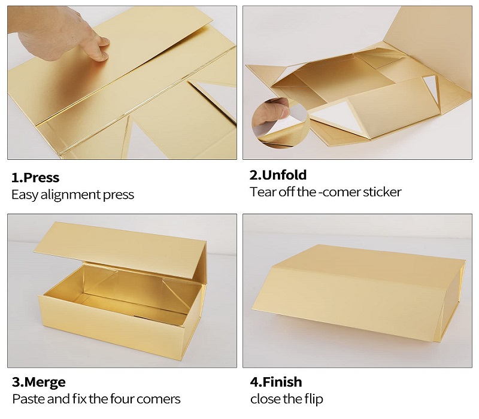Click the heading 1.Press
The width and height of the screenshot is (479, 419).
(x=35, y=177)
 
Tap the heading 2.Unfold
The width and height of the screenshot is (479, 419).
(x=278, y=175)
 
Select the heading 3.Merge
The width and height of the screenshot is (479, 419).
(x=39, y=382)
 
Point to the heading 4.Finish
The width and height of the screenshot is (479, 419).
(x=276, y=382)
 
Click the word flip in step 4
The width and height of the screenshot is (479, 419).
(x=314, y=399)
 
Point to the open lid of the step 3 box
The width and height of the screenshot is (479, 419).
(x=121, y=249)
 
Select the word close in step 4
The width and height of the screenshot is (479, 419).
(x=265, y=399)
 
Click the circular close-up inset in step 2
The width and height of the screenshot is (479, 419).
(x=281, y=123)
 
